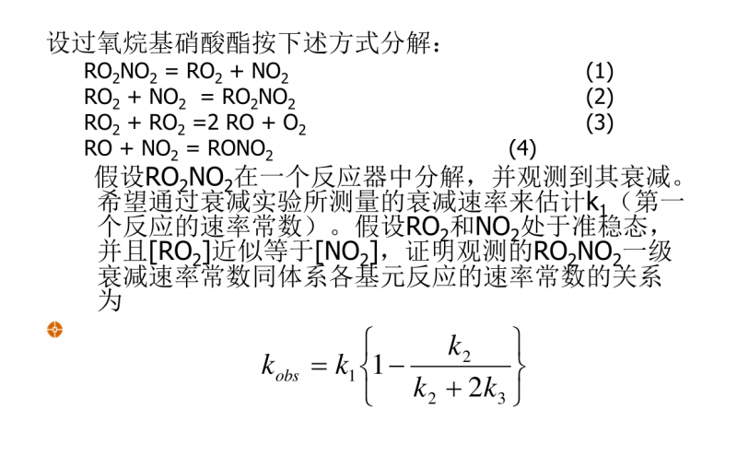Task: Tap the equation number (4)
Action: coord(522,147)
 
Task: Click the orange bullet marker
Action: coord(54,329)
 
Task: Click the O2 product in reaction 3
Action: coord(295,123)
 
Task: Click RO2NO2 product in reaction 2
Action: coord(259,98)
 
